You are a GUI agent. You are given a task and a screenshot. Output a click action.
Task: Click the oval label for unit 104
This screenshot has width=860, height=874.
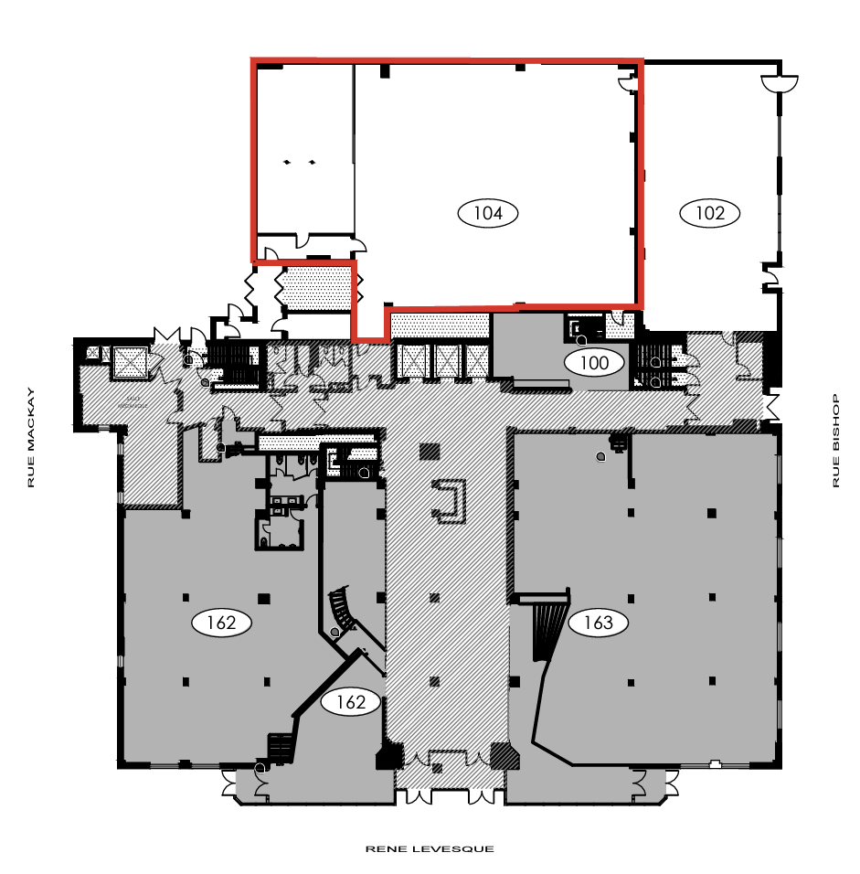point(488,213)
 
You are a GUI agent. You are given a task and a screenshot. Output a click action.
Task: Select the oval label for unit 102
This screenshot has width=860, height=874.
point(710,213)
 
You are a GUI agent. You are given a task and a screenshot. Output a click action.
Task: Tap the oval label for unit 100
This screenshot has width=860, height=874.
point(594,363)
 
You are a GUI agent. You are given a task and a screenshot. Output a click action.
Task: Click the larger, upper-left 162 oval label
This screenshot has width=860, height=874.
point(221,624)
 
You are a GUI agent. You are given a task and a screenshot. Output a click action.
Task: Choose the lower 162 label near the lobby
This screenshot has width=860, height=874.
point(351,702)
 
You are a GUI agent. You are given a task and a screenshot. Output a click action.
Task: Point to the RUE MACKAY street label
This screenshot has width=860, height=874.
point(31,438)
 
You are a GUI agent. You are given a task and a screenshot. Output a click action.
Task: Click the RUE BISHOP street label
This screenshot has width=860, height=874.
point(835,441)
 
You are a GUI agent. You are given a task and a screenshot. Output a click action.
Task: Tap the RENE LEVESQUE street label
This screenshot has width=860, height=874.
point(430,849)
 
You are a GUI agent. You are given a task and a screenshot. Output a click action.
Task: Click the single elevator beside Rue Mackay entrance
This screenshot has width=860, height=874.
point(129,363)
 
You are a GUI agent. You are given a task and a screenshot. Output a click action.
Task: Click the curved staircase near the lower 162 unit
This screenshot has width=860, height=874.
point(343,611)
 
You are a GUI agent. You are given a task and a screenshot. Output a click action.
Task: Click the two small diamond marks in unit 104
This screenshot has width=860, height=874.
point(300,162)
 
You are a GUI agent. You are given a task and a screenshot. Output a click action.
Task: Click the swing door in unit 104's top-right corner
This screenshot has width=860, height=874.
point(627,83)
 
